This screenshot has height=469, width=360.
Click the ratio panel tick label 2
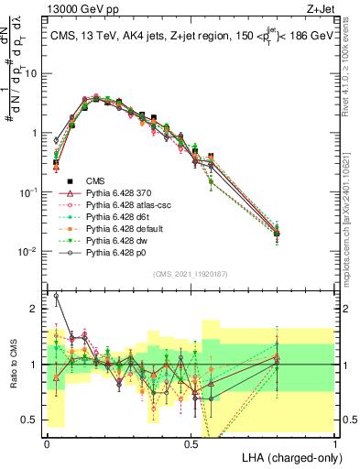[x=35, y=309]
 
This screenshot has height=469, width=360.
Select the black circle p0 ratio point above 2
[x=57, y=296]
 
